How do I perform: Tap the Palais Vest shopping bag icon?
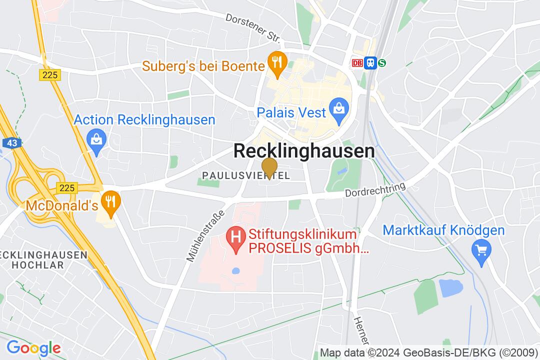point(338,109)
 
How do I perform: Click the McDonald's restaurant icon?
point(109,202)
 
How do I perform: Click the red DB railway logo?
point(357,62)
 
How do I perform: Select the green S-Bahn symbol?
point(382,62)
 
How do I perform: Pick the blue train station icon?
point(370,62)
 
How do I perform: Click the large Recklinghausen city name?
point(304,151)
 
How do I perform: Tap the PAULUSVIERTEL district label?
point(245,174)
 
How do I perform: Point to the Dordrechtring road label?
point(375,190)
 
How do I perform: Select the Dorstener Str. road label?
point(252,28)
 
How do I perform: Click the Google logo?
point(33,347)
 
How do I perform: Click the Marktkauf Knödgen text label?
point(443,230)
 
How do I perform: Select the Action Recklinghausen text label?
point(144,120)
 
